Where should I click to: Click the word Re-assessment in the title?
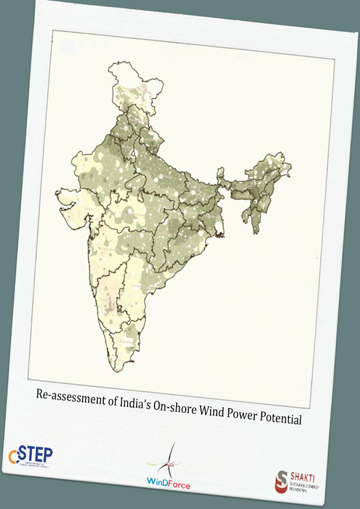[67, 399]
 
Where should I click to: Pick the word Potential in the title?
[281, 418]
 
